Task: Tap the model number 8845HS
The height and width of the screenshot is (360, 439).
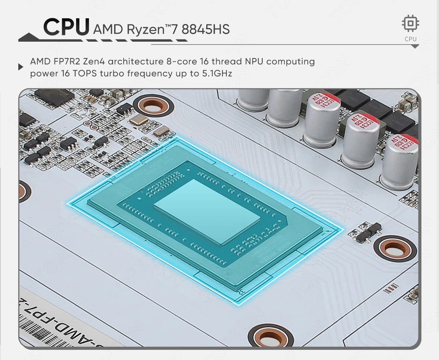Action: pos(206,29)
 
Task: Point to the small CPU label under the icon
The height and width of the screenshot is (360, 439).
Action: pos(410,39)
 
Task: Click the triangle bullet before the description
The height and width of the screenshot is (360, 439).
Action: pos(21,67)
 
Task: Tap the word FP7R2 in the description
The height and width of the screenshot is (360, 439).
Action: pos(67,61)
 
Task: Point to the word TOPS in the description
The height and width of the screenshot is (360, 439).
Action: pos(85,73)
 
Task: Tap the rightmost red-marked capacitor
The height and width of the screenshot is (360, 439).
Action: pos(400,161)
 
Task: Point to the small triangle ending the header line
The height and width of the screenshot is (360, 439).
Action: pos(415,46)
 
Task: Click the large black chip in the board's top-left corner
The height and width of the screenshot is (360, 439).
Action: pos(55,97)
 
